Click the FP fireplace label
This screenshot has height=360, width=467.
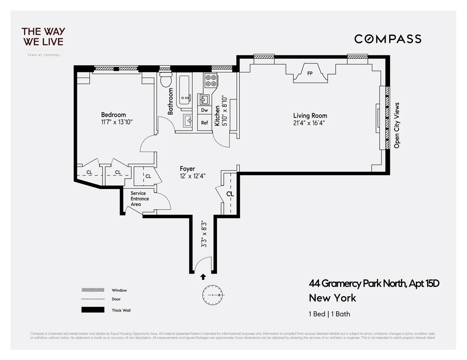(x=310, y=73)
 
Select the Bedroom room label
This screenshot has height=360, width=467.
(x=114, y=115)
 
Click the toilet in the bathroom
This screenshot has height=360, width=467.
(x=166, y=80)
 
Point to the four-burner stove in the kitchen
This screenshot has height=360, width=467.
(x=211, y=81)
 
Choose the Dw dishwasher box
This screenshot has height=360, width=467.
(x=204, y=110)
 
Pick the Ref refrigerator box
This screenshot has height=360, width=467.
(x=204, y=123)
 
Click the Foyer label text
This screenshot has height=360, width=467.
(x=187, y=168)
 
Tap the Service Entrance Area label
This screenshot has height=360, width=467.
(x=139, y=199)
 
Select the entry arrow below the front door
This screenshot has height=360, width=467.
(x=203, y=276)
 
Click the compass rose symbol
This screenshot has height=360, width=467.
(x=213, y=295)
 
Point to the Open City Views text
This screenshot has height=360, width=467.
(x=397, y=125)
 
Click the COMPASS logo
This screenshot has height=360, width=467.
(x=388, y=39)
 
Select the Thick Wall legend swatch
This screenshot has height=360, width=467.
(x=93, y=310)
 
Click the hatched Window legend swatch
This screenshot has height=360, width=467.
(x=93, y=290)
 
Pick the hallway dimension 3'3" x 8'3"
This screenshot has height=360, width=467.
(x=204, y=234)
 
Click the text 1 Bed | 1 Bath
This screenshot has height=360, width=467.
(x=329, y=314)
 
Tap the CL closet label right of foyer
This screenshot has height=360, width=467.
(x=230, y=194)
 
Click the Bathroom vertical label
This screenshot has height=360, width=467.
(x=170, y=102)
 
